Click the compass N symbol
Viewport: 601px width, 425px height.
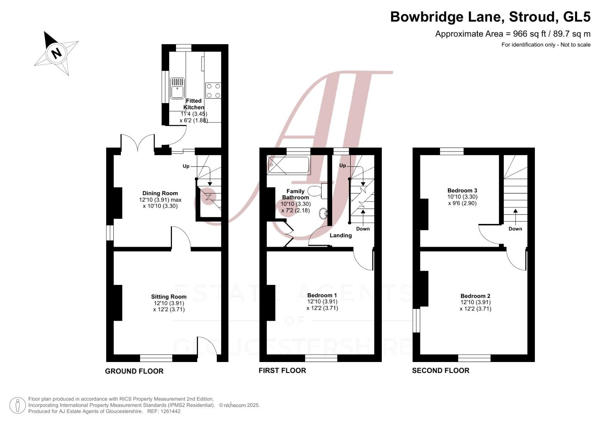coord(57,53)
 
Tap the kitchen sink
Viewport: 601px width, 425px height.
coord(178,88)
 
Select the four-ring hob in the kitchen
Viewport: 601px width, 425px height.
coord(213,91)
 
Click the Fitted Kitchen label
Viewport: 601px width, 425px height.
coord(194,104)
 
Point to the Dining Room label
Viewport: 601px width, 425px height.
coord(160,193)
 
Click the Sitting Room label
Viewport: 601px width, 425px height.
coord(169,296)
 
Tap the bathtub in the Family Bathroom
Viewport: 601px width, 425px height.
coord(289,165)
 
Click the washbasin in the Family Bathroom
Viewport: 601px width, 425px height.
coord(323,214)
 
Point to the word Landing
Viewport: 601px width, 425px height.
coord(341,235)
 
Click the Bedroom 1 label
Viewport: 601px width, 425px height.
coord(322,295)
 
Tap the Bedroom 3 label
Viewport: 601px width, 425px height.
coord(462,190)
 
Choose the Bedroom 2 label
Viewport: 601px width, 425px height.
coord(475,296)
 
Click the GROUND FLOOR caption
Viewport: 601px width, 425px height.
coord(134,371)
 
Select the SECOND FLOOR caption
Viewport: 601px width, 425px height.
coord(441,371)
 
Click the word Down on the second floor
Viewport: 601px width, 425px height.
coord(516,229)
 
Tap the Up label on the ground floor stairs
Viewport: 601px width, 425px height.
coord(186,166)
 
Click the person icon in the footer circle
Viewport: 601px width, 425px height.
coord(18,405)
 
